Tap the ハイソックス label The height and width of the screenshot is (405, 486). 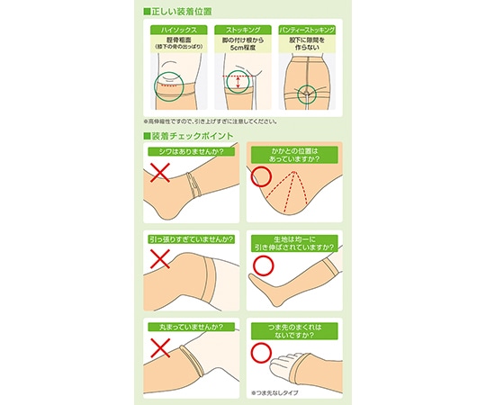click(176, 30)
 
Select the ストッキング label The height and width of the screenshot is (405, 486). click(242, 30)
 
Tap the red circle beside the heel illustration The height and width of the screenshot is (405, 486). click(261, 177)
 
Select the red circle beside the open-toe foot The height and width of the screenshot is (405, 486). click(261, 352)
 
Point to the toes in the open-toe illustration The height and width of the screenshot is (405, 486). click(286, 367)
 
